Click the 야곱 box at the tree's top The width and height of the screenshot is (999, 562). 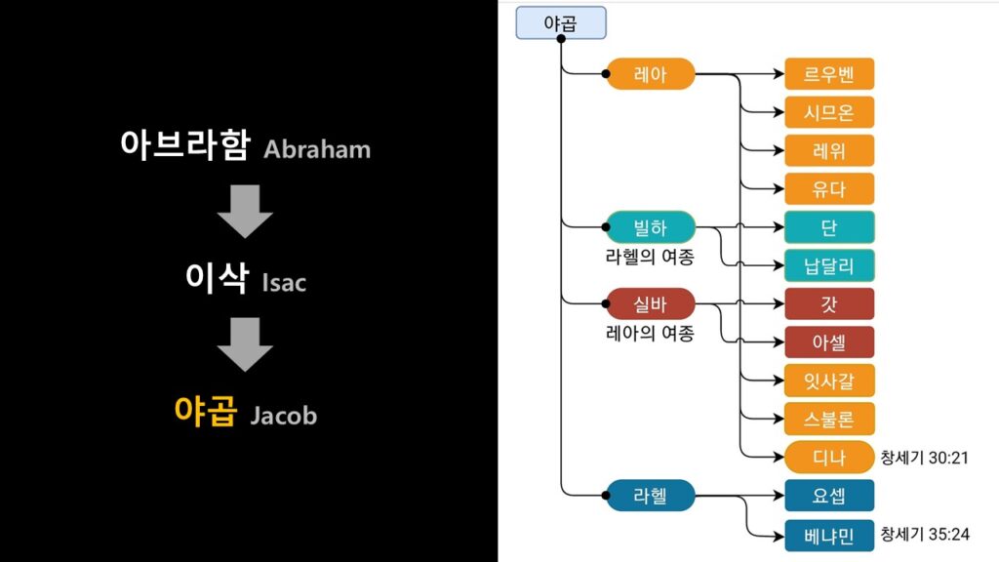[561, 23]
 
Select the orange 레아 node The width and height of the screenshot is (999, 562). [650, 74]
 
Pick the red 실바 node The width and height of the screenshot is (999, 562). [650, 303]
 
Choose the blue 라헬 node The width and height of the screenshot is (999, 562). [650, 496]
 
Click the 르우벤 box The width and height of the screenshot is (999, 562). [829, 74]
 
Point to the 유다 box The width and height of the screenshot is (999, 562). [829, 188]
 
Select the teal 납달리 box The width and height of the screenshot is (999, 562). [829, 265]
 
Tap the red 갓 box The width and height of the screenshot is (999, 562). [829, 303]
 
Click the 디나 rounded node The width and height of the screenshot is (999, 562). [829, 457]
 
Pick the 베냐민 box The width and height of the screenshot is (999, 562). [829, 534]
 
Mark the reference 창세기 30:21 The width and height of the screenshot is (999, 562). [924, 457]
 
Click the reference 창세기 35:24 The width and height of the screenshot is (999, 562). [924, 534]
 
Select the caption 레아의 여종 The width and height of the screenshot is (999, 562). [650, 334]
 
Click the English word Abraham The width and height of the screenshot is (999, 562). [317, 150]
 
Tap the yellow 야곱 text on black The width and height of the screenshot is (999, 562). [205, 412]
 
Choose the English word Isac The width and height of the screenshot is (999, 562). [284, 283]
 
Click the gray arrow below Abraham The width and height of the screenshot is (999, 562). [245, 211]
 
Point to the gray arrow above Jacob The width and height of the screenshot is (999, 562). [245, 344]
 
